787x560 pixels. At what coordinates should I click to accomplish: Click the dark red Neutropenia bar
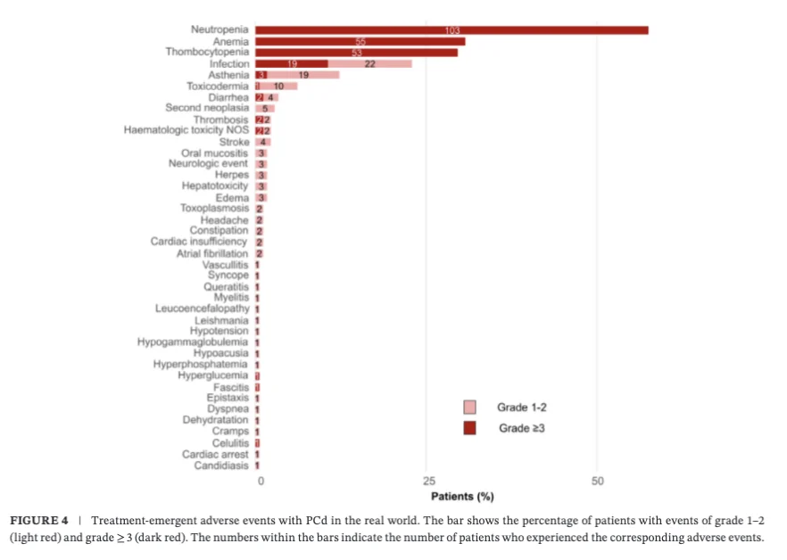(451, 30)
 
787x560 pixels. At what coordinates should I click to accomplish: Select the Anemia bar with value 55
(360, 41)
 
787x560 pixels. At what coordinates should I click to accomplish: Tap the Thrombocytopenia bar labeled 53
(357, 53)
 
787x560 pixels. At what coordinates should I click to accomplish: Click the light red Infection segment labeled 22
(369, 64)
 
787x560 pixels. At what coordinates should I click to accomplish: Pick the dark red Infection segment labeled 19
(292, 64)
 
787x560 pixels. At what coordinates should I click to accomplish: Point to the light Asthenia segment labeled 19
(303, 76)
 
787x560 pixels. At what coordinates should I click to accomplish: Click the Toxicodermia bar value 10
(278, 86)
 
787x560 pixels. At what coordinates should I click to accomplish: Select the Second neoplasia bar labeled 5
(265, 108)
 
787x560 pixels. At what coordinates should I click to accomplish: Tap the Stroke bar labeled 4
(263, 142)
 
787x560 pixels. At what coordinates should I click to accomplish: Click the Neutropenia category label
(220, 30)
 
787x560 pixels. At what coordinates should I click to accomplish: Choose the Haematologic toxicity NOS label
(186, 130)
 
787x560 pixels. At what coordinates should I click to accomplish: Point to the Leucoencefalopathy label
(202, 309)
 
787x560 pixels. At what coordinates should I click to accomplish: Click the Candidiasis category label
(221, 465)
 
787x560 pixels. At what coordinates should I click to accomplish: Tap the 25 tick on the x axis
(429, 482)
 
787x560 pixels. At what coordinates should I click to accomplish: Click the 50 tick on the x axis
(598, 482)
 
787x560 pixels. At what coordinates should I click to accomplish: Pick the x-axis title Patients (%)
(462, 497)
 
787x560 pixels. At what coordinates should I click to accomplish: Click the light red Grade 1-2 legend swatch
(469, 408)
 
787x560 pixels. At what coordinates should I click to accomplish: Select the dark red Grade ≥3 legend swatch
(469, 428)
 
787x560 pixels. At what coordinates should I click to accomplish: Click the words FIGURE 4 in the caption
(38, 521)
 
